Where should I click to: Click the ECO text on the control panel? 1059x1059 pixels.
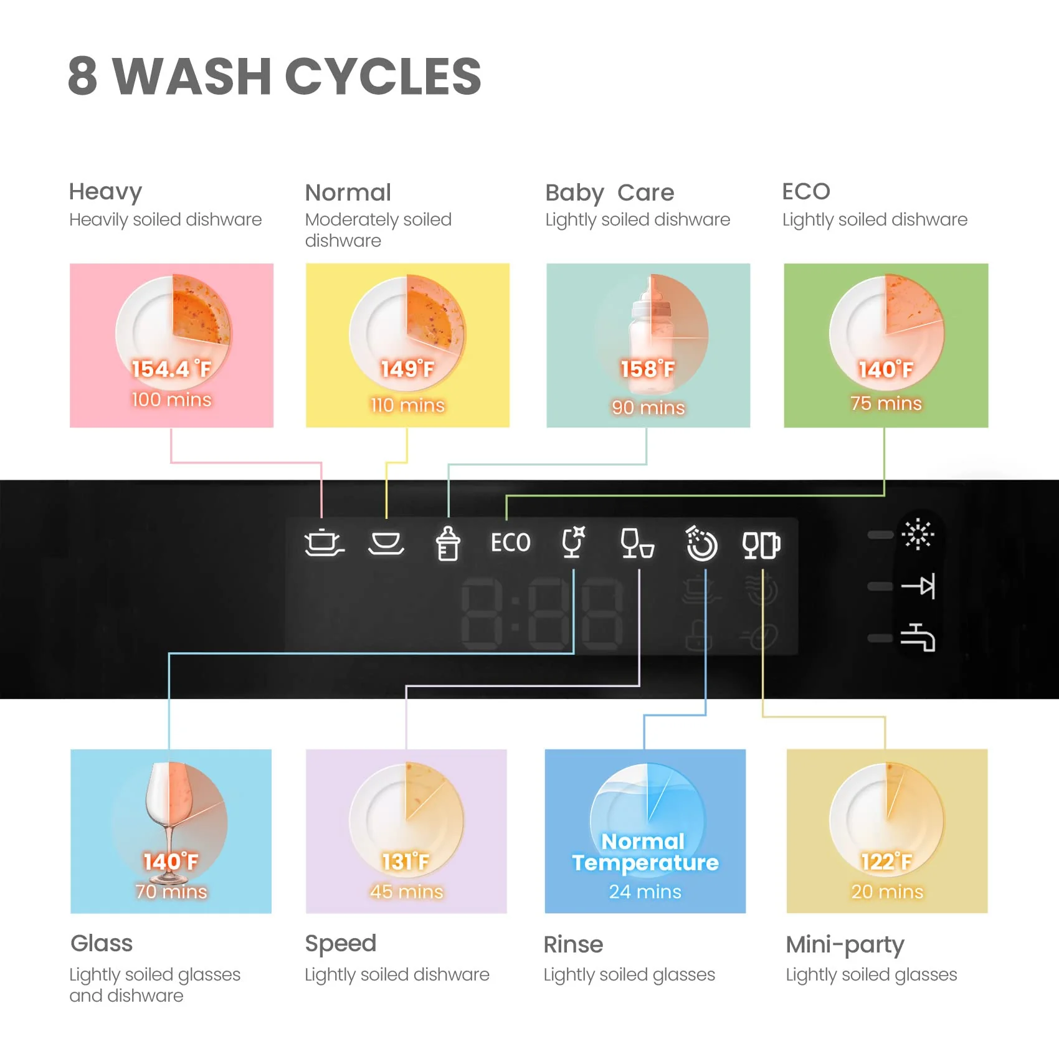510,543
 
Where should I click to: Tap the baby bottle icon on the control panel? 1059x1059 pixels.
447,543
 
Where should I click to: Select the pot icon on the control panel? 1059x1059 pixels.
323,543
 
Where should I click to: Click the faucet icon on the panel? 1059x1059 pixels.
918,637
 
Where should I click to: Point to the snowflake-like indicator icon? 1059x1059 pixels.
918,534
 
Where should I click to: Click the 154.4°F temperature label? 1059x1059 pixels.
171,369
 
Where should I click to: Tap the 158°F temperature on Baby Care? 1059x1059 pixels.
647,369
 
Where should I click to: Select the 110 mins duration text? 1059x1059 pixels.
407,405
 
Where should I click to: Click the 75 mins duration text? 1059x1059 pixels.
886,403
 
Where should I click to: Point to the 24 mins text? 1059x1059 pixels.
645,891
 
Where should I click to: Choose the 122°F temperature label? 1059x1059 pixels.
886,862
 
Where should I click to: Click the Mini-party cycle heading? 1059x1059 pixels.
845,945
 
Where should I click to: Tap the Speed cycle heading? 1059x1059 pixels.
340,944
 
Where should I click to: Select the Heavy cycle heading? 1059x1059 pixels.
105,192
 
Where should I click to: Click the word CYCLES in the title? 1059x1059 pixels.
382,76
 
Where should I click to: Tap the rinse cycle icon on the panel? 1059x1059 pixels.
701,544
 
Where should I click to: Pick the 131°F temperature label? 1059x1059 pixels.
406,862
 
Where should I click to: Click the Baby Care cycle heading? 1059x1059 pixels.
609,193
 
